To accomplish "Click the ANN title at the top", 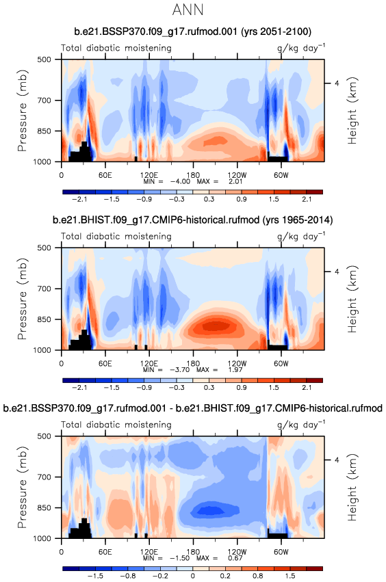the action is pos(188,10).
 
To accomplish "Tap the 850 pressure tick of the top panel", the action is pos(45,131).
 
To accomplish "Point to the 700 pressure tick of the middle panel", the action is pos(45,289).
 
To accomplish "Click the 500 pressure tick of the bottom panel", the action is pos(45,436).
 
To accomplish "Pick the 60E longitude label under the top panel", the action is pos(105,175).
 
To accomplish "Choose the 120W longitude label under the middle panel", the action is pos(237,363).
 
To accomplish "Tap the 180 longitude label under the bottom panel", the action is pos(193,551).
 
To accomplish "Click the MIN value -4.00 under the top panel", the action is pos(180,181).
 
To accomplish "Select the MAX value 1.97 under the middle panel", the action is pos(235,370).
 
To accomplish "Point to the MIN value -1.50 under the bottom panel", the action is pos(180,558).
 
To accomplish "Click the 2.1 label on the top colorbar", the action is pos(307,199).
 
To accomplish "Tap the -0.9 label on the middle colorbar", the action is pos(144,388).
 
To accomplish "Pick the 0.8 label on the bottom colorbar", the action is pos(258,576).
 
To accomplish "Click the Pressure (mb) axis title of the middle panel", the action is pos(23,299).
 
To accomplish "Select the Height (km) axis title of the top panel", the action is pos(352,111).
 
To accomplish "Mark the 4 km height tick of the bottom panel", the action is pos(337,460).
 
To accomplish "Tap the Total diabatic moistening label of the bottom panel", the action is pos(116,425).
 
